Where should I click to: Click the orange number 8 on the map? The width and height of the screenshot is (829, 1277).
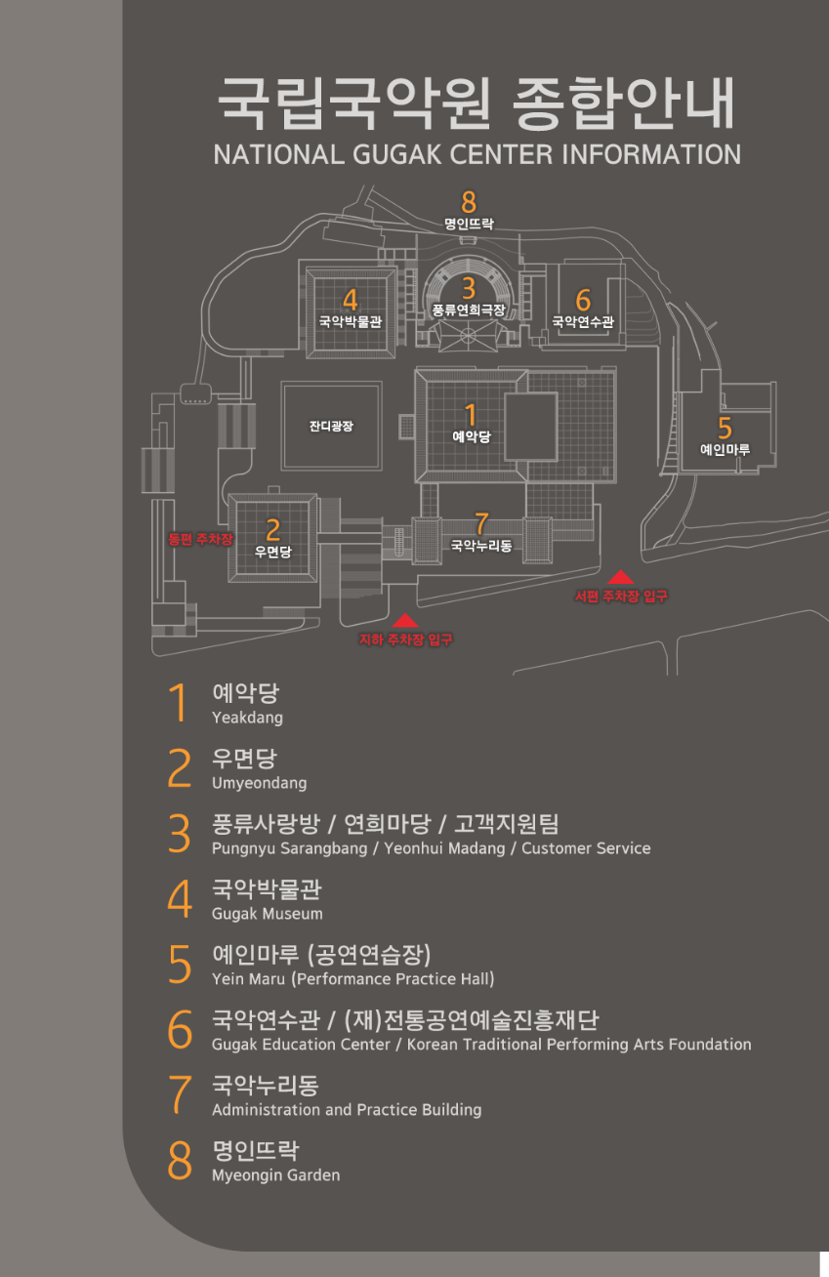469,202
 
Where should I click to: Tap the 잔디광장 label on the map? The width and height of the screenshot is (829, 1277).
331,427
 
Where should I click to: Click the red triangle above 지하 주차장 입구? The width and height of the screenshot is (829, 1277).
405,620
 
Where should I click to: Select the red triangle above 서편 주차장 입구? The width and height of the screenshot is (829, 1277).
621,576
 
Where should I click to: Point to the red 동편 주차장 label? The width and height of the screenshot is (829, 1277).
201,539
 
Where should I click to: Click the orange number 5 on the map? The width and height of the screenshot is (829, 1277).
725,429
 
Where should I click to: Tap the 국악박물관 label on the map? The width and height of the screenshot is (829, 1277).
350,320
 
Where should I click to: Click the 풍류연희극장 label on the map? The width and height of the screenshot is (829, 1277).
469,309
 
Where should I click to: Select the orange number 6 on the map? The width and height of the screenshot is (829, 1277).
583,300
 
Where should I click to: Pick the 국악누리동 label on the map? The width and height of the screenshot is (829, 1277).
480,546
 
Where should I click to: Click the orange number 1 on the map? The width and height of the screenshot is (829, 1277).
471,416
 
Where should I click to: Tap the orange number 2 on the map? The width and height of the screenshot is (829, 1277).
273,530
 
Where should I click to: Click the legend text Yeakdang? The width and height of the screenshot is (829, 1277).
247,718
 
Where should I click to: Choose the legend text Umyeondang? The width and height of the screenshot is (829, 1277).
259,783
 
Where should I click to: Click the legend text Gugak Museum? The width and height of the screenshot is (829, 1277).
267,914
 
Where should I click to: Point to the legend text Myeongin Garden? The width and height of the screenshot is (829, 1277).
275,1175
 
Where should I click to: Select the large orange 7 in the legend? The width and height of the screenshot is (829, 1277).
180,1094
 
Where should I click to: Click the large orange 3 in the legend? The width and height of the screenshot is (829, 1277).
180,834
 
